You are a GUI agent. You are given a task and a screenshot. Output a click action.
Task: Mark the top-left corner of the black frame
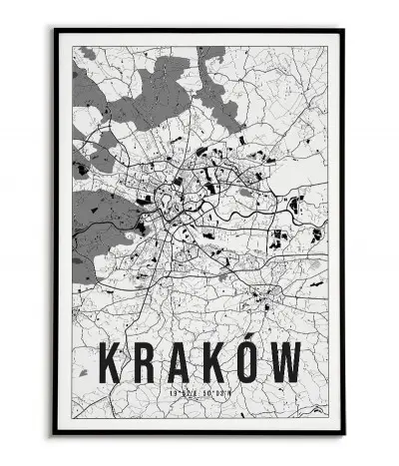click(55, 30)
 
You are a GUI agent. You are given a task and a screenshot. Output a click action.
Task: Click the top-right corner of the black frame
click(344, 30)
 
